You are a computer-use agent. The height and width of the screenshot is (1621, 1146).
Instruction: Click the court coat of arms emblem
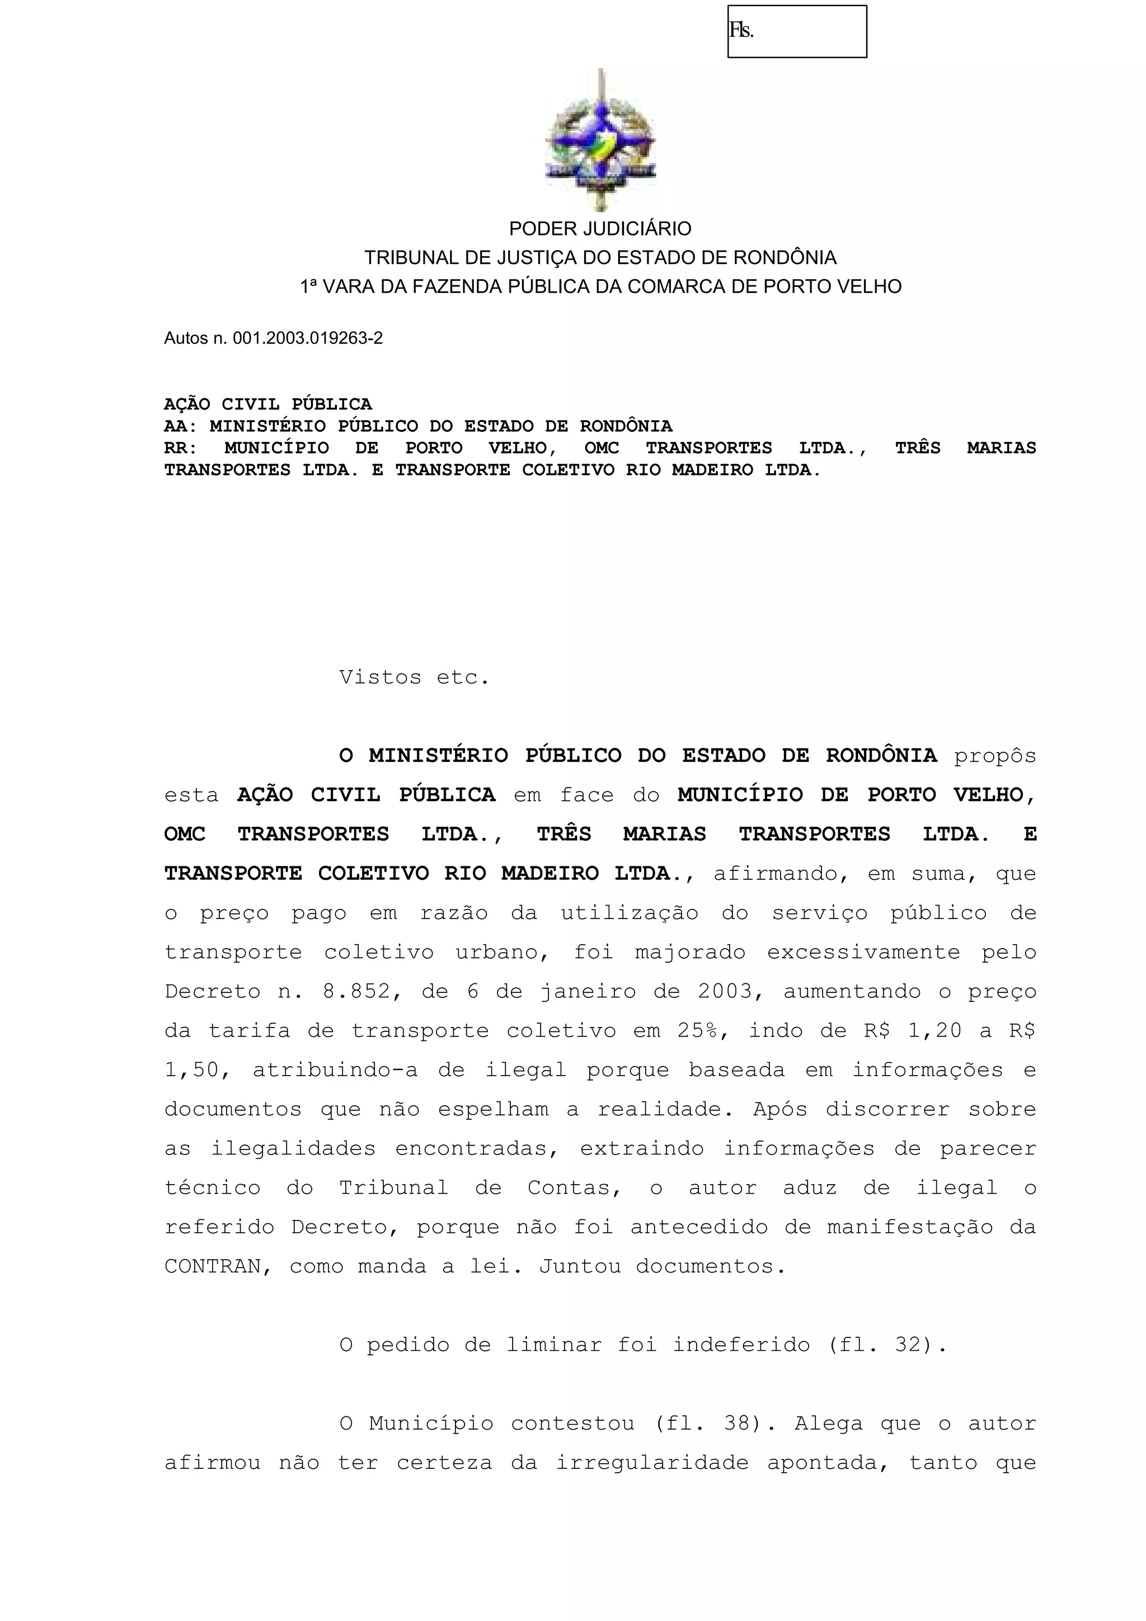coord(600,140)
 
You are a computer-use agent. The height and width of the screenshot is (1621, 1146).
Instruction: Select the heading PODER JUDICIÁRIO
coord(600,229)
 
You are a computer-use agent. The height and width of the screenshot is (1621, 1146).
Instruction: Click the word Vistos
coord(380,678)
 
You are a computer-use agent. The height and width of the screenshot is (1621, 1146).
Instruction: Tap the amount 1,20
coord(934,1031)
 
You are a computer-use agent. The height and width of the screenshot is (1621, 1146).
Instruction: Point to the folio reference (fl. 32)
coord(886,1345)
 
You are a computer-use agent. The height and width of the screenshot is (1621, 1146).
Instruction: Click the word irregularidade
coord(652,1463)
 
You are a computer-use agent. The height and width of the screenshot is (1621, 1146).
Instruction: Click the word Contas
coord(574,1188)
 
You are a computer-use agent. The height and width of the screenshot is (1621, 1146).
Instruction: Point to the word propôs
coord(994,756)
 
